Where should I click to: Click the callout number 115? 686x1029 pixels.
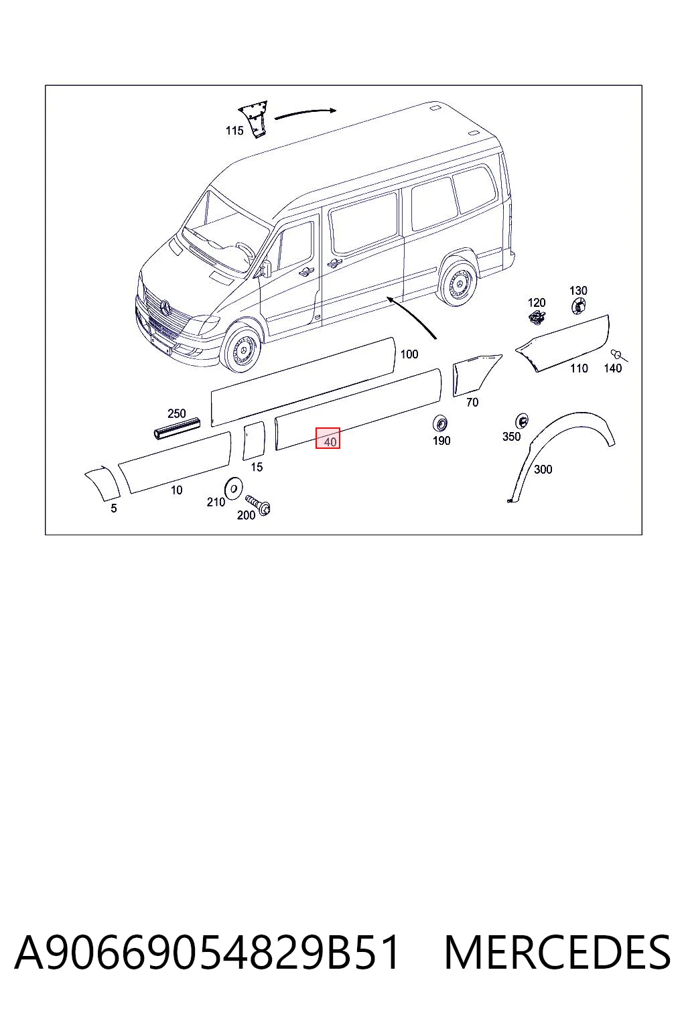coord(234,131)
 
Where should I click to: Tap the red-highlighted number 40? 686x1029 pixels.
coord(330,442)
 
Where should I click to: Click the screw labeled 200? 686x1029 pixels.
coord(258,504)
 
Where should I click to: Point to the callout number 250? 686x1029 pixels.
coord(177,413)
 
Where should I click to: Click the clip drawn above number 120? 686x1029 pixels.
coord(537,317)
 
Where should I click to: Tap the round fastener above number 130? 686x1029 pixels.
coord(579,305)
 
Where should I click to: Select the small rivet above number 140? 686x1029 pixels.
coord(618,354)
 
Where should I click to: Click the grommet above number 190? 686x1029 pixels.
coord(441,423)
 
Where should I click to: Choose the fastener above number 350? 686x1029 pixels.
coord(521,420)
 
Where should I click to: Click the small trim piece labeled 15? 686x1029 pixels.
coord(254,441)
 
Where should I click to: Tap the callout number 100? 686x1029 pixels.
coord(409,354)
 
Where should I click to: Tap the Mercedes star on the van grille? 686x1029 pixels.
coord(165,306)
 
